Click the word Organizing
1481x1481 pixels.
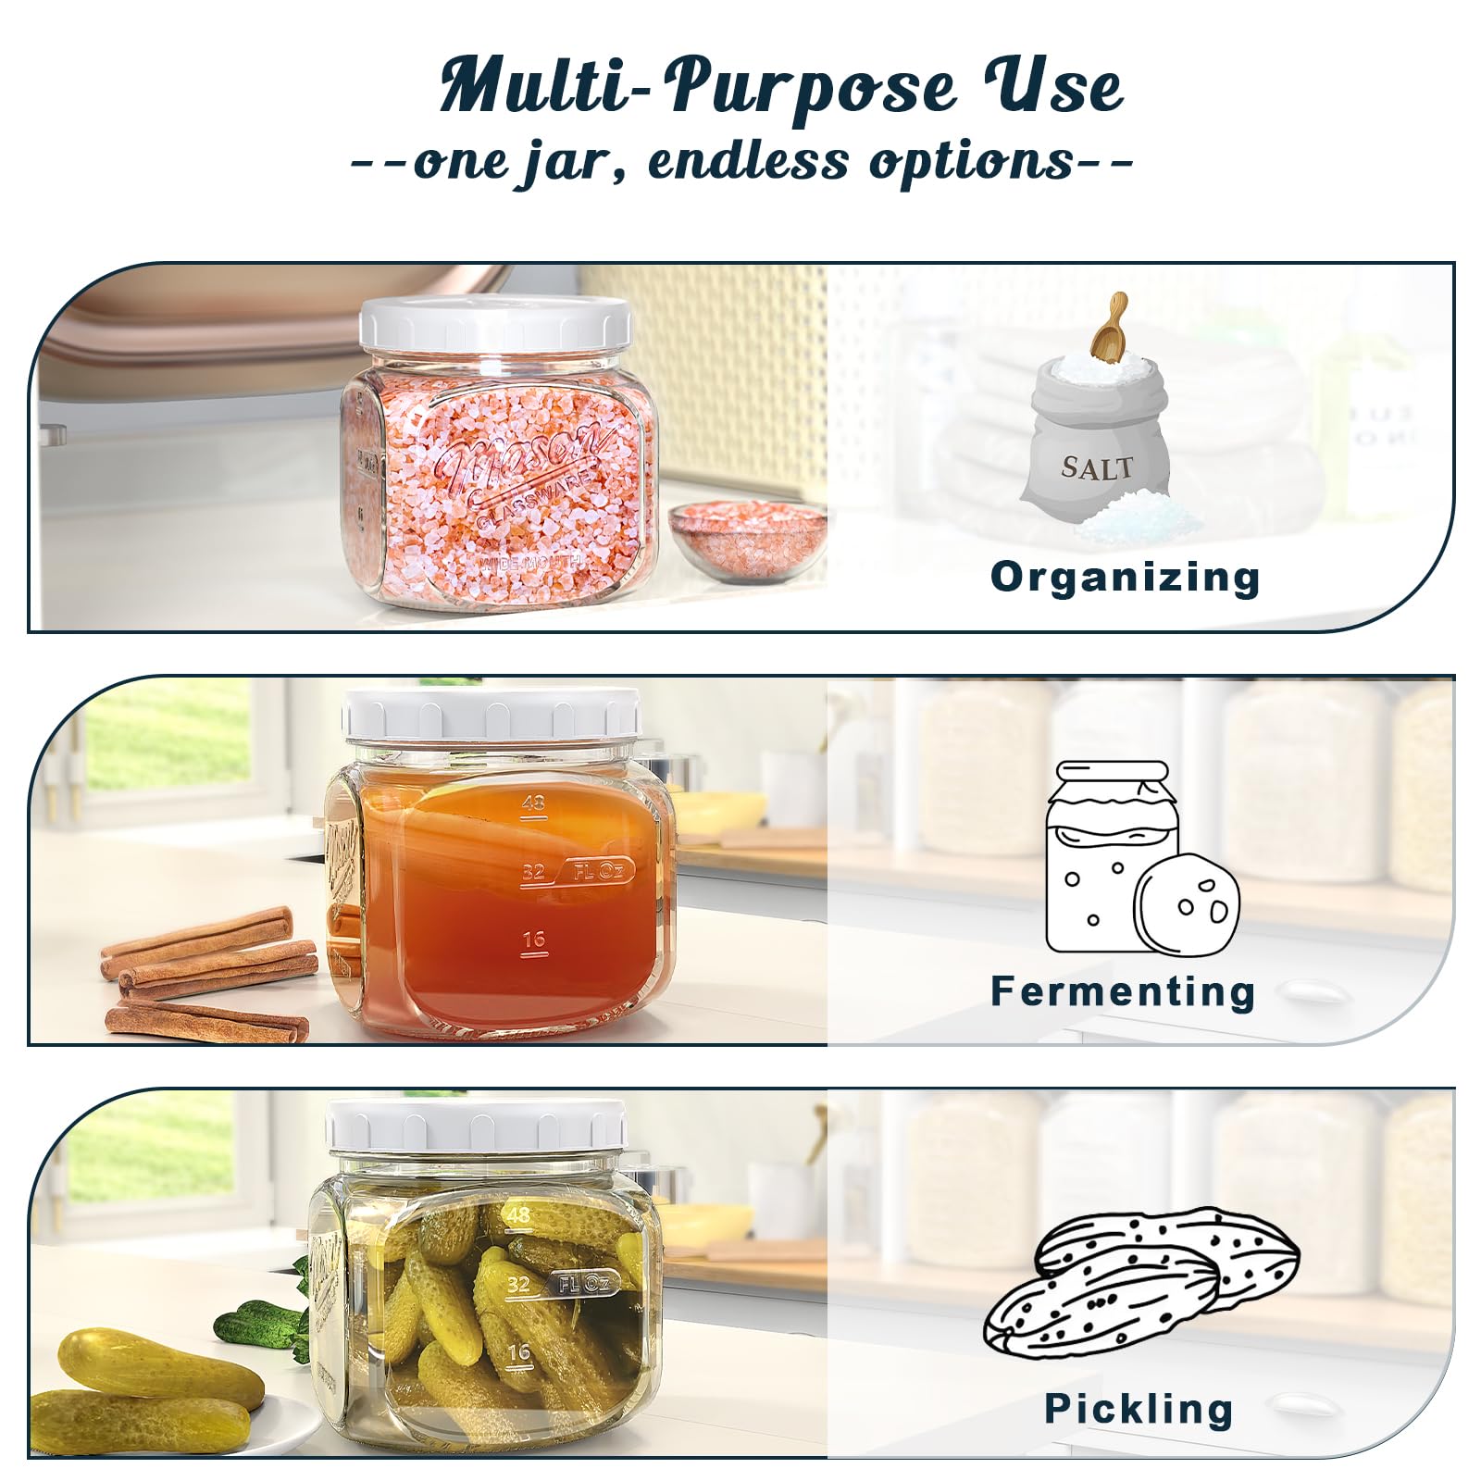tap(1125, 577)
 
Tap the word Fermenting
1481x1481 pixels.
tap(1123, 990)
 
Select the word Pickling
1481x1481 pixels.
tap(1139, 1409)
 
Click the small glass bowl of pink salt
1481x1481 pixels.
tap(748, 540)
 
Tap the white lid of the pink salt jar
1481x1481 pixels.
tap(496, 325)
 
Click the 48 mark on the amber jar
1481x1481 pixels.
tap(533, 803)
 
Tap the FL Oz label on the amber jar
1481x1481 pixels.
tap(600, 870)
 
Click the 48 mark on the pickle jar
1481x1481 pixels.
tap(518, 1213)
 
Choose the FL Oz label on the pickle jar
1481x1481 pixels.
tap(583, 1283)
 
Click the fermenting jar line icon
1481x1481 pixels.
tap(1142, 857)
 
